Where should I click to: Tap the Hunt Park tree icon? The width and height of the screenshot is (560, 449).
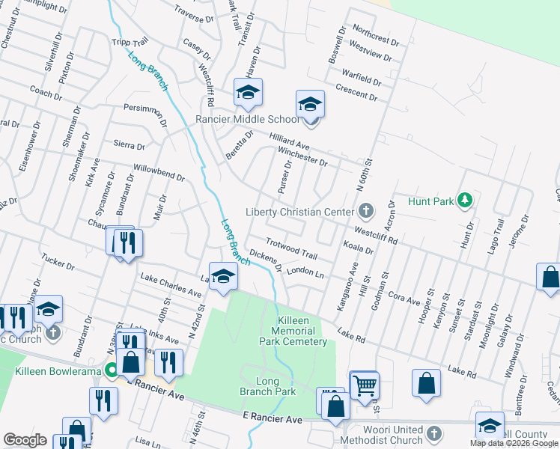coord(466,200)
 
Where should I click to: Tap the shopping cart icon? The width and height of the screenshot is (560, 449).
coord(364,385)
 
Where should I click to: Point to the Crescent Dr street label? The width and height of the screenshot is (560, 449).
coord(356,93)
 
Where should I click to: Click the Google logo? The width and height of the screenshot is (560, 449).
coord(25,439)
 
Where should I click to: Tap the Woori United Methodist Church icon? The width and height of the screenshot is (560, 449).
coord(435,433)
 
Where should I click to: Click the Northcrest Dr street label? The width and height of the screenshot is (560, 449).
coord(377,34)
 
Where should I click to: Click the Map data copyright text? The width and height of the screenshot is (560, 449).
coord(514,443)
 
